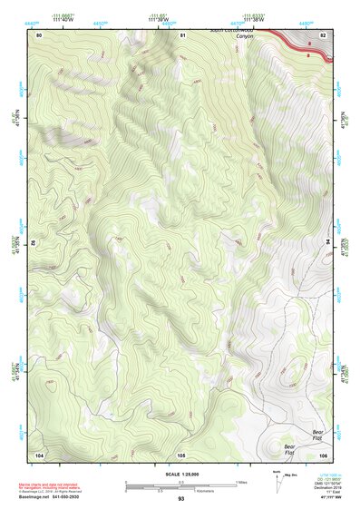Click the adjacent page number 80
click(x=39, y=34)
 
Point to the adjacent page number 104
click(x=39, y=454)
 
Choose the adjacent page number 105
click(x=181, y=454)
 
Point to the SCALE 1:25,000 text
click(x=180, y=475)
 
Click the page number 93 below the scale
click(x=180, y=499)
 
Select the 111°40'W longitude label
click(x=63, y=20)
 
